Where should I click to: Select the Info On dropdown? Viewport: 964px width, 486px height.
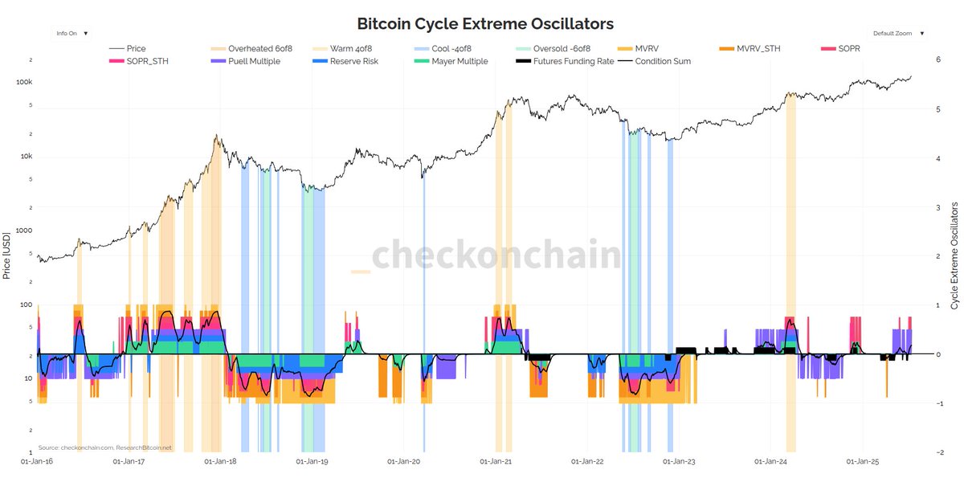tap(72, 34)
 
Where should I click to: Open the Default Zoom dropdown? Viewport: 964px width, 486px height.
tap(898, 34)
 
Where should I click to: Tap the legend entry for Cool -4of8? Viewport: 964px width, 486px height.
tap(450, 49)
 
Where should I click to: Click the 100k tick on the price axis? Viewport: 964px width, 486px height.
tap(23, 83)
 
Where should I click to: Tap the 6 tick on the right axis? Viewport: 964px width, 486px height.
tap(938, 60)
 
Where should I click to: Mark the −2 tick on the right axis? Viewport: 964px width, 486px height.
tap(937, 452)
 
